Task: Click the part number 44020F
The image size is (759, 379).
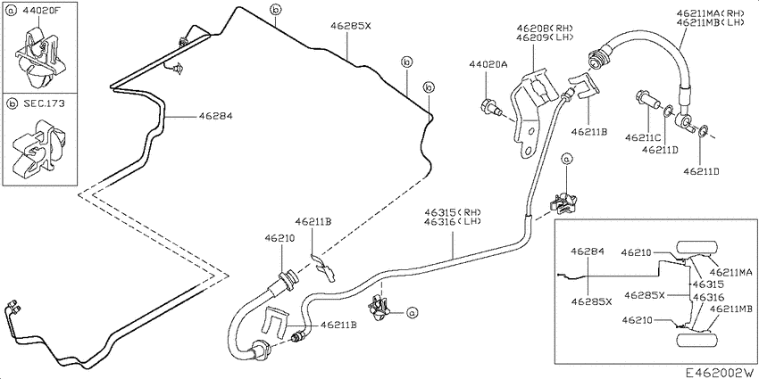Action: [40, 10]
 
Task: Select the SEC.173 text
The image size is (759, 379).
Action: [44, 103]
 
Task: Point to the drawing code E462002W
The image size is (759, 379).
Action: [721, 372]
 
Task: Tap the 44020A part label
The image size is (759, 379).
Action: [488, 64]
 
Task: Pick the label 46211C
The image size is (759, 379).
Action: [643, 137]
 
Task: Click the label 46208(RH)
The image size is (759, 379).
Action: [545, 28]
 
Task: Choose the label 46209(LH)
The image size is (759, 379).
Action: [545, 37]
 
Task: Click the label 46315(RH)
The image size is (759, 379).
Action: [453, 212]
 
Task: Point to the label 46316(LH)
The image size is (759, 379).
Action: [453, 222]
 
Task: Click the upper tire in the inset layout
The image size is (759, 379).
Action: [698, 247]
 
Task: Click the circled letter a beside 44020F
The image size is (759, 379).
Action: [13, 10]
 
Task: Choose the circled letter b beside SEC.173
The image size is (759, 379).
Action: [13, 103]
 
